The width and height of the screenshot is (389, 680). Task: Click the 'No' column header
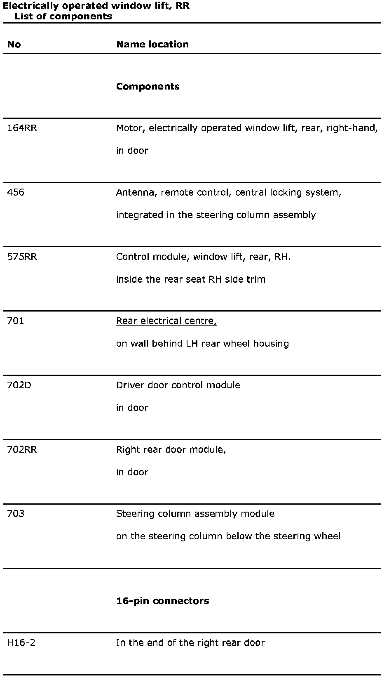click(x=14, y=45)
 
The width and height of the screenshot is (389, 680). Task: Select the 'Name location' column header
click(x=152, y=45)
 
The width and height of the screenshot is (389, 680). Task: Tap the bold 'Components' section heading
click(x=148, y=87)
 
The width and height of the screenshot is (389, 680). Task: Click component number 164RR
click(x=22, y=128)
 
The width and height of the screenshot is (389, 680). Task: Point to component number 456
click(x=16, y=193)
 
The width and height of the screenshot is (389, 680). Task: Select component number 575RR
click(x=22, y=257)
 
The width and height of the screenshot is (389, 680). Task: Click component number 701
click(x=16, y=321)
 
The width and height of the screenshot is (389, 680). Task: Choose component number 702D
click(x=19, y=385)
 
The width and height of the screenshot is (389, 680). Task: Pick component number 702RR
click(x=22, y=450)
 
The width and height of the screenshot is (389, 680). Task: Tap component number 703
click(x=16, y=514)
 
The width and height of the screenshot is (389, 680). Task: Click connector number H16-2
click(x=21, y=643)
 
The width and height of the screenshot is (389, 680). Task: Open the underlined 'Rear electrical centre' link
click(x=166, y=321)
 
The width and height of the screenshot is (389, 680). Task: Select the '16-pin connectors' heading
click(x=162, y=601)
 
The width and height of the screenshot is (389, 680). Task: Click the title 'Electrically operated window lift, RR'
click(x=96, y=6)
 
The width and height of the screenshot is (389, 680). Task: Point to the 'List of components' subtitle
click(x=63, y=17)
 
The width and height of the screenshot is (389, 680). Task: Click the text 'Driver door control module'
click(x=178, y=385)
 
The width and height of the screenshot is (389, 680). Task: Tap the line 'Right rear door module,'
click(x=171, y=450)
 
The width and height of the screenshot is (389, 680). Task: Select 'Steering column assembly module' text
click(x=195, y=514)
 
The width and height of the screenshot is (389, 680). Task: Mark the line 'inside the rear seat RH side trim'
click(x=191, y=280)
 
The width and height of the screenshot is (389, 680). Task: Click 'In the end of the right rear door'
click(x=190, y=643)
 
